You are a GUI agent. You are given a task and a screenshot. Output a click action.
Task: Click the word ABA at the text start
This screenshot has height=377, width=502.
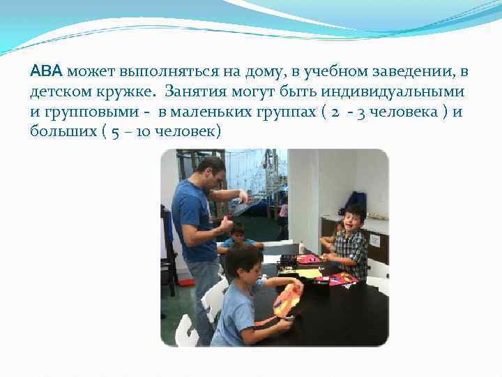pos(47,71)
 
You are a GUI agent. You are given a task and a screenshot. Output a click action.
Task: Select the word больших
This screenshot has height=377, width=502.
pos(63,131)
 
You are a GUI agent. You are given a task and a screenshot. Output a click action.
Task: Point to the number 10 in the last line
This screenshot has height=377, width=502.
pos(143,131)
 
